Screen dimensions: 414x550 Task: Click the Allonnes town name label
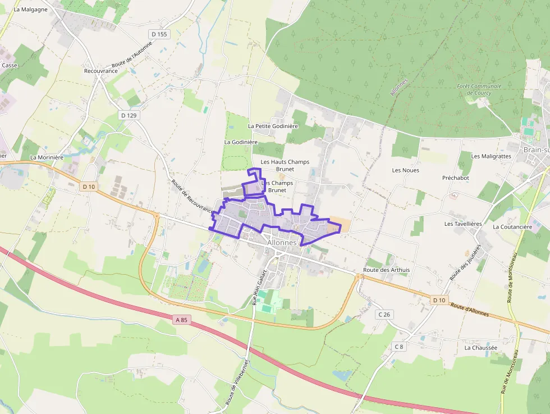coord(282,242)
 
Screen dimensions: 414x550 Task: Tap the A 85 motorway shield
coord(181,320)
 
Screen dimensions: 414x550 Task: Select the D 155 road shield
coord(159,34)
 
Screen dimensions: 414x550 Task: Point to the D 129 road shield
coord(129,115)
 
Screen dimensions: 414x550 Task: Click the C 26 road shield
coord(384,314)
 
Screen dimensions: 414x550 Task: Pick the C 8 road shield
coord(398,347)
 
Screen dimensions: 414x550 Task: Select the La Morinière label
coord(47,157)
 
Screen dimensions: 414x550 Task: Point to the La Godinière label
coord(241,142)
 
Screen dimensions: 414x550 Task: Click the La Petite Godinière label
coord(273,126)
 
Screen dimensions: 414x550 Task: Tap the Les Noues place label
coord(405,170)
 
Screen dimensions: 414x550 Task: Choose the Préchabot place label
coord(455,178)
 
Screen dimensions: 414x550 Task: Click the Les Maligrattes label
coord(491,156)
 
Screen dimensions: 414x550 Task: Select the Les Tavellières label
coord(463,224)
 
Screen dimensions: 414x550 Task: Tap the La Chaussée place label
coord(480,348)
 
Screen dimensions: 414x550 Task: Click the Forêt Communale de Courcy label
coord(479,89)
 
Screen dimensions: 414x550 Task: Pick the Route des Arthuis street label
coord(386,270)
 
